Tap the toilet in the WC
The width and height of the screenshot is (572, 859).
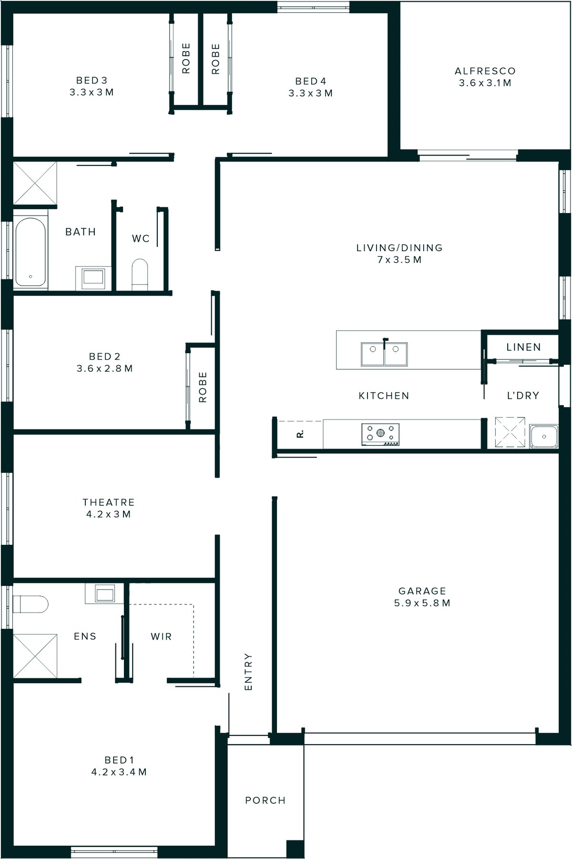tap(140, 274)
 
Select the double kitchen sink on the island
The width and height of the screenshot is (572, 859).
tap(384, 354)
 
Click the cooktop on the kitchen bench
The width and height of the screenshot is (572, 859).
tap(380, 434)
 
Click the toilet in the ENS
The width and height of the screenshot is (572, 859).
tap(30, 604)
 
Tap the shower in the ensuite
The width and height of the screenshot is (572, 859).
tap(35, 655)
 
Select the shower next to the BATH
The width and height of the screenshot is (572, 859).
tap(34, 184)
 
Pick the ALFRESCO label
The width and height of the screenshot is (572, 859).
tap(485, 71)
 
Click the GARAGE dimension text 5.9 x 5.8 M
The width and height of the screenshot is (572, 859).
tap(422, 603)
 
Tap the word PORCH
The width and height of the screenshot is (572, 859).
tap(265, 800)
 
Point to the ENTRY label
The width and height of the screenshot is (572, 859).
tap(248, 672)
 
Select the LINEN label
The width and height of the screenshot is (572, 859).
tap(523, 347)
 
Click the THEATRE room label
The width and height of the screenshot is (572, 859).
tap(108, 502)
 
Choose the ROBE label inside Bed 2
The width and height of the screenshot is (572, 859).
tap(203, 387)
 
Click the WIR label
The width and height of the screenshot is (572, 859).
tap(161, 636)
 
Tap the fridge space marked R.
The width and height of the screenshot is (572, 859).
tap(300, 434)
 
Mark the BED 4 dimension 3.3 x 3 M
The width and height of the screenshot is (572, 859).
tap(310, 93)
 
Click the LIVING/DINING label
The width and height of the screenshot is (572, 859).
tap(399, 247)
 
